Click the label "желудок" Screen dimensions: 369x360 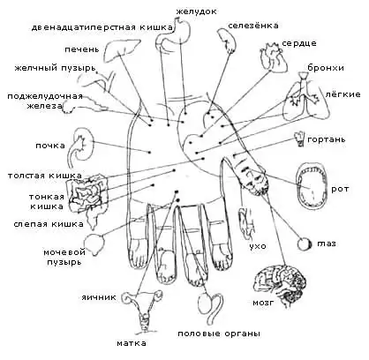196,11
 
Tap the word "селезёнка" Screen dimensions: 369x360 253,26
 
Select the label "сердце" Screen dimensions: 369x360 299,43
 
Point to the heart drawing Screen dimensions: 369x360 272,56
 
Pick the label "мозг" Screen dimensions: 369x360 263,303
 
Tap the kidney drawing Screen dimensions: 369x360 80,145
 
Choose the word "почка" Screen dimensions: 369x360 50,146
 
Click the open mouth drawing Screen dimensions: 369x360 311,185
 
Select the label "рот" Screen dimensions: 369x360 340,189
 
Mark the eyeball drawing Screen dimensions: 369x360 305,244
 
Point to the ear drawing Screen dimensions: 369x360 245,224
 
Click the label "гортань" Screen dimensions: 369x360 327,139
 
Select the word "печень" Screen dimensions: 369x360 82,49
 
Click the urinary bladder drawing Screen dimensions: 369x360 94,244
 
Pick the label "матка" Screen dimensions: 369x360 132,343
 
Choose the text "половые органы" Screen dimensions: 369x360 219,334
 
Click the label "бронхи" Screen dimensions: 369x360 326,68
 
